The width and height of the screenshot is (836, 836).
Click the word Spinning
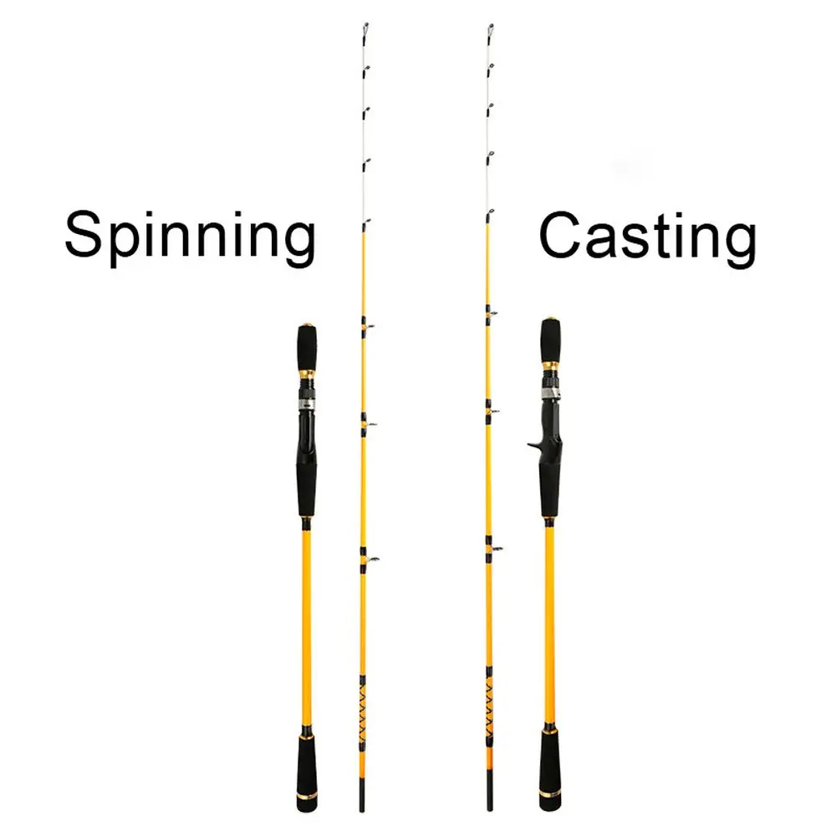tap(191, 237)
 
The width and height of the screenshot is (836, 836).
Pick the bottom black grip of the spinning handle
tap(305, 765)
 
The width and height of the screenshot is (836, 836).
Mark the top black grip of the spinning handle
tap(305, 344)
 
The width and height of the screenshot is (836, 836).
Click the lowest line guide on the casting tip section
tap(495, 548)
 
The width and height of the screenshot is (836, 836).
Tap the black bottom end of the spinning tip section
tap(362, 798)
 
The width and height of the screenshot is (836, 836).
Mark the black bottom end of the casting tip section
tap(489, 798)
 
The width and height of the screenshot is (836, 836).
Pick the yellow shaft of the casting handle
tap(549, 619)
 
